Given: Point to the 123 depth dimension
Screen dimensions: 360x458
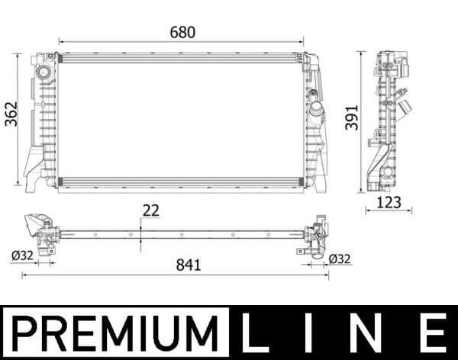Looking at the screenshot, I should pyautogui.click(x=389, y=204).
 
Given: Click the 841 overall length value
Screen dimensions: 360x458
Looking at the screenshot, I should pyautogui.click(x=188, y=265).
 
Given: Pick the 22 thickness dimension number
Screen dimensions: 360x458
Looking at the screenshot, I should pyautogui.click(x=152, y=211).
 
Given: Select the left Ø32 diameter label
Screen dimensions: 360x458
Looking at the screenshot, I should pyautogui.click(x=24, y=256).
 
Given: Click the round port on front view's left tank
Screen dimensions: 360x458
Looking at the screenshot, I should pyautogui.click(x=44, y=73).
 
